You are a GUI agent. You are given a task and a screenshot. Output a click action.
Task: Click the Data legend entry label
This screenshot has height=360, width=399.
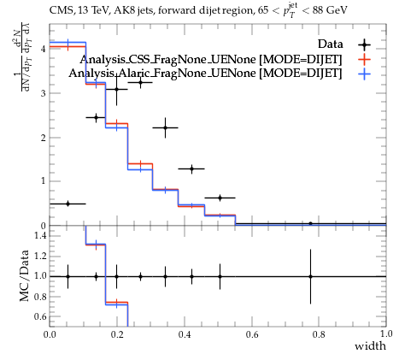[x=330, y=44]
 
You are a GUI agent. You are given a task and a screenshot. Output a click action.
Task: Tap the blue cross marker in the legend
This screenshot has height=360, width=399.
[x=364, y=74]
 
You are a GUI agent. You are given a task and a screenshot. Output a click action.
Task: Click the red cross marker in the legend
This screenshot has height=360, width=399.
[x=364, y=60]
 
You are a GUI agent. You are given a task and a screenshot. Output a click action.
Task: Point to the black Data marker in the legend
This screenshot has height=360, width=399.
[x=364, y=44]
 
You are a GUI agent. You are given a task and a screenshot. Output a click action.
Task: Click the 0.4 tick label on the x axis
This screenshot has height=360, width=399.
[x=185, y=334]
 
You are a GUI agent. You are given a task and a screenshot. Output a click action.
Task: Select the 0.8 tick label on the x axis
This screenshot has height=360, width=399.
[x=319, y=334]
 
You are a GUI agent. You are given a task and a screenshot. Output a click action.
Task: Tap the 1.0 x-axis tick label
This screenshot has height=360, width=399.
[x=386, y=334]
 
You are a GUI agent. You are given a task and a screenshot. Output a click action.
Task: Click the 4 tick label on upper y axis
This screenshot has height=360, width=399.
[x=44, y=49]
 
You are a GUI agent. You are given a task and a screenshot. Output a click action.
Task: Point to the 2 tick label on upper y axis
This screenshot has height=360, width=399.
[x=44, y=138]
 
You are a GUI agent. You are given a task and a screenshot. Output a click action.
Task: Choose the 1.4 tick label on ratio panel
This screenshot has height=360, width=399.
[x=39, y=235]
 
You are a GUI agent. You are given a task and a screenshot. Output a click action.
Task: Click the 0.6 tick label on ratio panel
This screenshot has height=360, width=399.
[x=39, y=316]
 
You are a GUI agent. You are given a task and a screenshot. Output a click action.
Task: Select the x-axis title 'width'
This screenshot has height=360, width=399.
[x=370, y=346]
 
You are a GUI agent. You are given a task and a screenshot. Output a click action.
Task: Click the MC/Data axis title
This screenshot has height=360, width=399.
[x=25, y=275]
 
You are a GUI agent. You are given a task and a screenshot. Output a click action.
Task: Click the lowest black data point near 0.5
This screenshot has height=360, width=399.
[x=67, y=204]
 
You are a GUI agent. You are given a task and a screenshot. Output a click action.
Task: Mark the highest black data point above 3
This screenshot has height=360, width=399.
[x=140, y=83]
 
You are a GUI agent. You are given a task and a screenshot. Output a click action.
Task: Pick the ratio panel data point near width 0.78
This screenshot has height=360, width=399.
[x=310, y=276]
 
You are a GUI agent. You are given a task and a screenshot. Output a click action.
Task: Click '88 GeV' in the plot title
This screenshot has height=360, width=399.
[x=330, y=10]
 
